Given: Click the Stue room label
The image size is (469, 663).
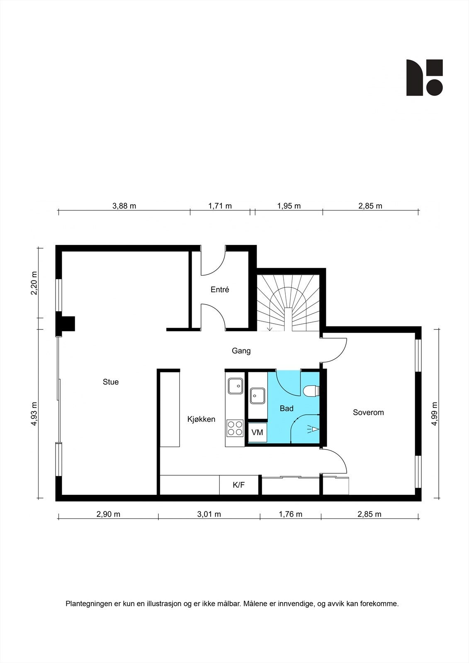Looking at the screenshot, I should pyautogui.click(x=111, y=382).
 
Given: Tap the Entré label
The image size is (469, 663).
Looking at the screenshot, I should pyautogui.click(x=220, y=290).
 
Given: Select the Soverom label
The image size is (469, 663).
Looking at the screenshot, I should pyautogui.click(x=368, y=412).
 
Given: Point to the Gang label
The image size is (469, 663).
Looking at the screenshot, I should pyautogui.click(x=241, y=351).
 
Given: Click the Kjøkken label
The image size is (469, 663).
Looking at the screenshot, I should pyautogui.click(x=201, y=419).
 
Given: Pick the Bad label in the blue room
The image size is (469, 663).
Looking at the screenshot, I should pyautogui.click(x=287, y=409).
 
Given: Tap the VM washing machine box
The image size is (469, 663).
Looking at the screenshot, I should pyautogui.click(x=258, y=433).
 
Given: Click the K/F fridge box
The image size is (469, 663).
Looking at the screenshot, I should pyautogui.click(x=239, y=485).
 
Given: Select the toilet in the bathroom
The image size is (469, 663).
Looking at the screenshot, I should pyautogui.click(x=311, y=391).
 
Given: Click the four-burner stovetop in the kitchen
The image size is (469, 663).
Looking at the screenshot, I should pyautogui.click(x=235, y=428).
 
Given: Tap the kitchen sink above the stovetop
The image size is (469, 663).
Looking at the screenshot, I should pyautogui.click(x=236, y=386).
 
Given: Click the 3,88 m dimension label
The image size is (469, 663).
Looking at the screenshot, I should pyautogui.click(x=124, y=206).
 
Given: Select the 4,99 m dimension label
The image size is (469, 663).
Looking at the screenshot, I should pyautogui.click(x=434, y=414).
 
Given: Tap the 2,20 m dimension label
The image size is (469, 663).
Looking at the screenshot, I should pyautogui.click(x=34, y=283).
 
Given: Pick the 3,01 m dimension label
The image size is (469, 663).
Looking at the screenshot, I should pyautogui.click(x=209, y=514).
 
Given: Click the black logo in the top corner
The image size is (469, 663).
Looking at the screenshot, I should pyautogui.click(x=424, y=77).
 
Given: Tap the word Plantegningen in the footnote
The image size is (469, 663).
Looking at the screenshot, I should pyautogui.click(x=85, y=604).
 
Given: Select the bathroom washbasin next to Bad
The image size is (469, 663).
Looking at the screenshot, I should pyautogui.click(x=258, y=395).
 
